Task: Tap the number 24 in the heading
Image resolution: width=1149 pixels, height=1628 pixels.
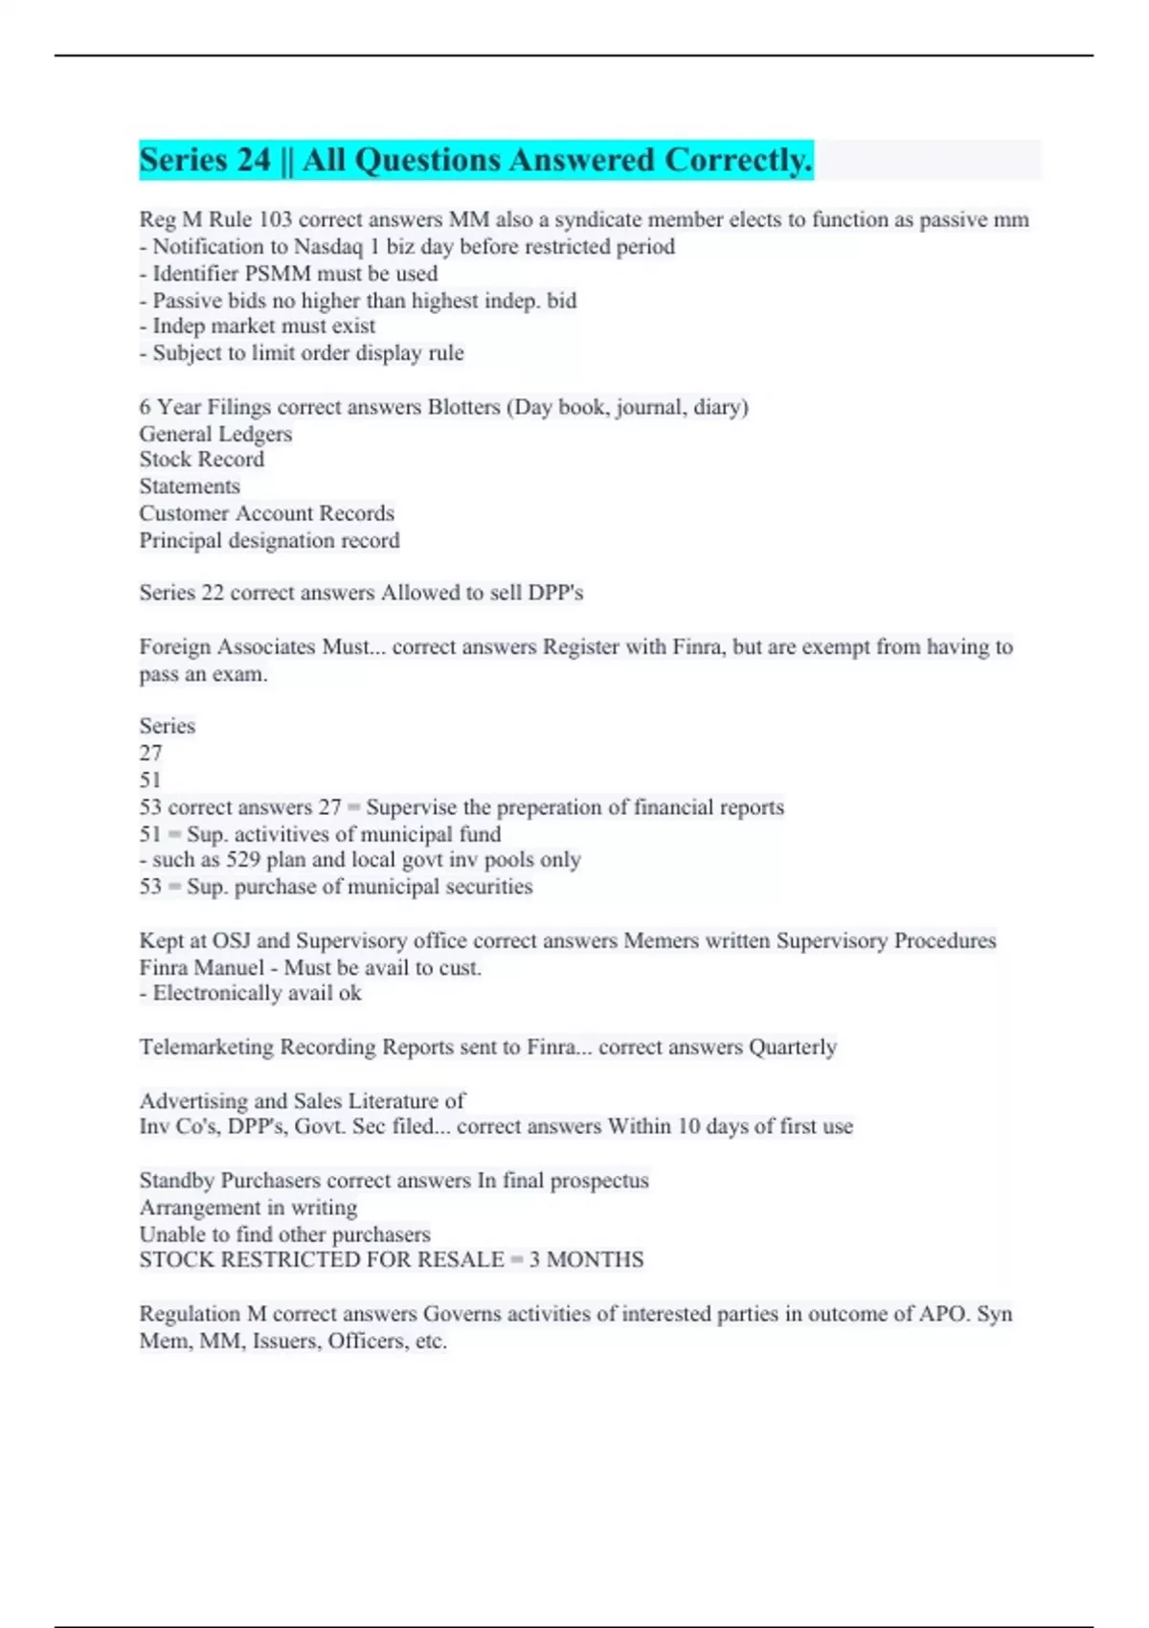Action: click(x=252, y=160)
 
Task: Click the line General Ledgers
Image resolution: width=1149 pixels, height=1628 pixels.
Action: click(x=215, y=434)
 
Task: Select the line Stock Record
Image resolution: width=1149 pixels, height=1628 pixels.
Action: click(x=201, y=460)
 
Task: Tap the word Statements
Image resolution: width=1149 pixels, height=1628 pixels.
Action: click(x=190, y=486)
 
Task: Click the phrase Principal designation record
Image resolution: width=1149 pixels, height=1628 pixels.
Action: click(x=269, y=540)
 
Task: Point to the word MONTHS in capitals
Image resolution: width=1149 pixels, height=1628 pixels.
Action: click(x=595, y=1259)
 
